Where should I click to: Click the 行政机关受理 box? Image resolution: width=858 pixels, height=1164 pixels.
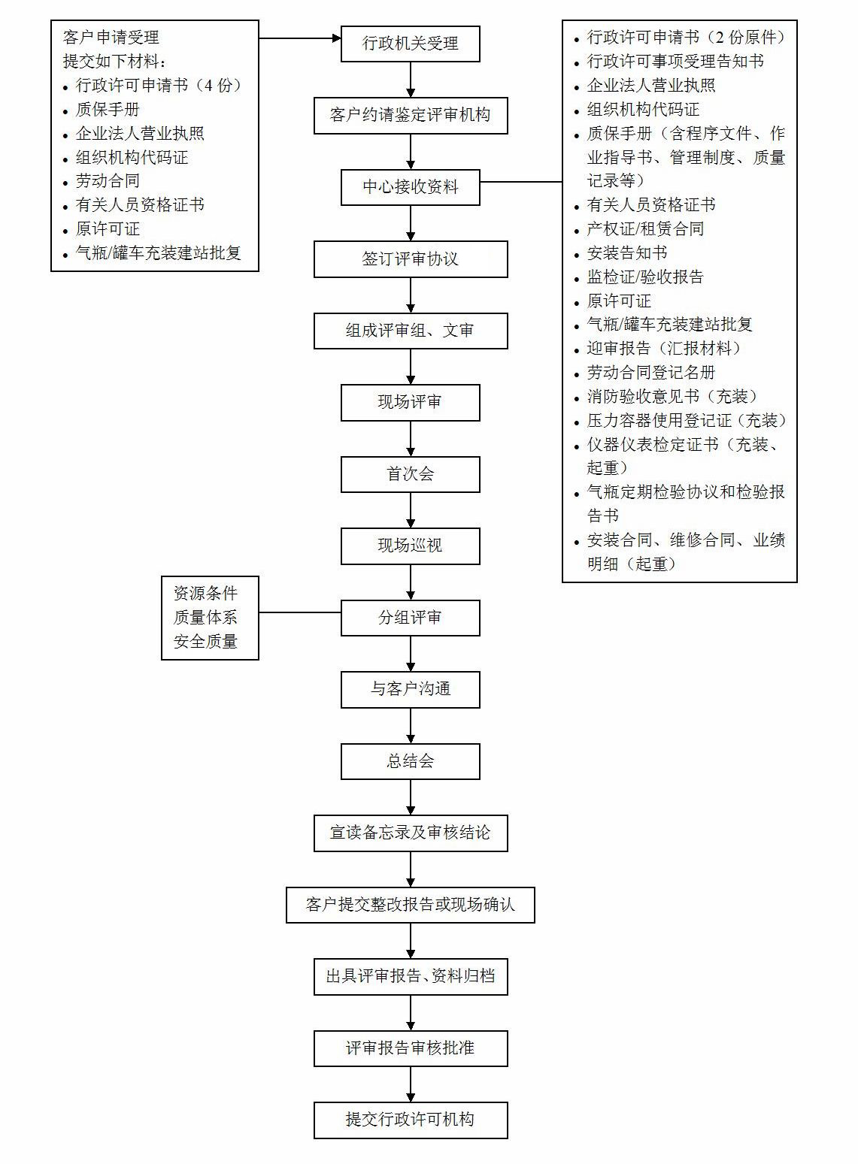coord(411,44)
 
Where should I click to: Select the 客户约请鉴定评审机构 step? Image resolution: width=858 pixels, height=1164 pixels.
coord(411,116)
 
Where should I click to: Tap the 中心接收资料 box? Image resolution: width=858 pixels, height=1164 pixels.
coord(411,187)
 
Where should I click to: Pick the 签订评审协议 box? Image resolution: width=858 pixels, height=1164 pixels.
coord(411,258)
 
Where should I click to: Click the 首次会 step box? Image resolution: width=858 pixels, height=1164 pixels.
coord(411,474)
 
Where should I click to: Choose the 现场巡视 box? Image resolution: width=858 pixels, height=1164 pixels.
coord(411,546)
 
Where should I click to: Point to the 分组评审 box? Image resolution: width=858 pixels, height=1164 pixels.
coord(411,618)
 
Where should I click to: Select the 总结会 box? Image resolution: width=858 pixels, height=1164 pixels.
coord(411,762)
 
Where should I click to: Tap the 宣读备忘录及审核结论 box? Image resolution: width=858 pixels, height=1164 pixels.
coord(411,833)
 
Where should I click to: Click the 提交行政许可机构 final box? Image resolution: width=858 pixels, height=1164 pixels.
coord(411,1120)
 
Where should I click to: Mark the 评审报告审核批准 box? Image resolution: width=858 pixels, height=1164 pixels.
coord(411,1048)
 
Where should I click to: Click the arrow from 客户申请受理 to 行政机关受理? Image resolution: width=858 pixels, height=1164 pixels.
coord(300,38)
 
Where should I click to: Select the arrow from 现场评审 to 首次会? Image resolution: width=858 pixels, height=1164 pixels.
coord(411,439)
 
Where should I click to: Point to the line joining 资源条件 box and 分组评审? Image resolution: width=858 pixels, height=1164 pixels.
coord(300,612)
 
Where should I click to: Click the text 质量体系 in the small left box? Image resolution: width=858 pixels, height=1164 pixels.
coord(205,618)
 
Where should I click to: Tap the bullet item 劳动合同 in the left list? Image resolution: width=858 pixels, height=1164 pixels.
coord(108,181)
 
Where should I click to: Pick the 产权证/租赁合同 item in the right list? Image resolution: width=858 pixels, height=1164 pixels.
coord(645,228)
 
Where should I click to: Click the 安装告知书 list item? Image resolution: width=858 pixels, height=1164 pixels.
coord(627,253)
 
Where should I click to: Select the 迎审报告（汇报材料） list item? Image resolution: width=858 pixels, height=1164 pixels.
coord(664,348)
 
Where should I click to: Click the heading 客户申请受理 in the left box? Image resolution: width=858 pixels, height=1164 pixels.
coord(111,38)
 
